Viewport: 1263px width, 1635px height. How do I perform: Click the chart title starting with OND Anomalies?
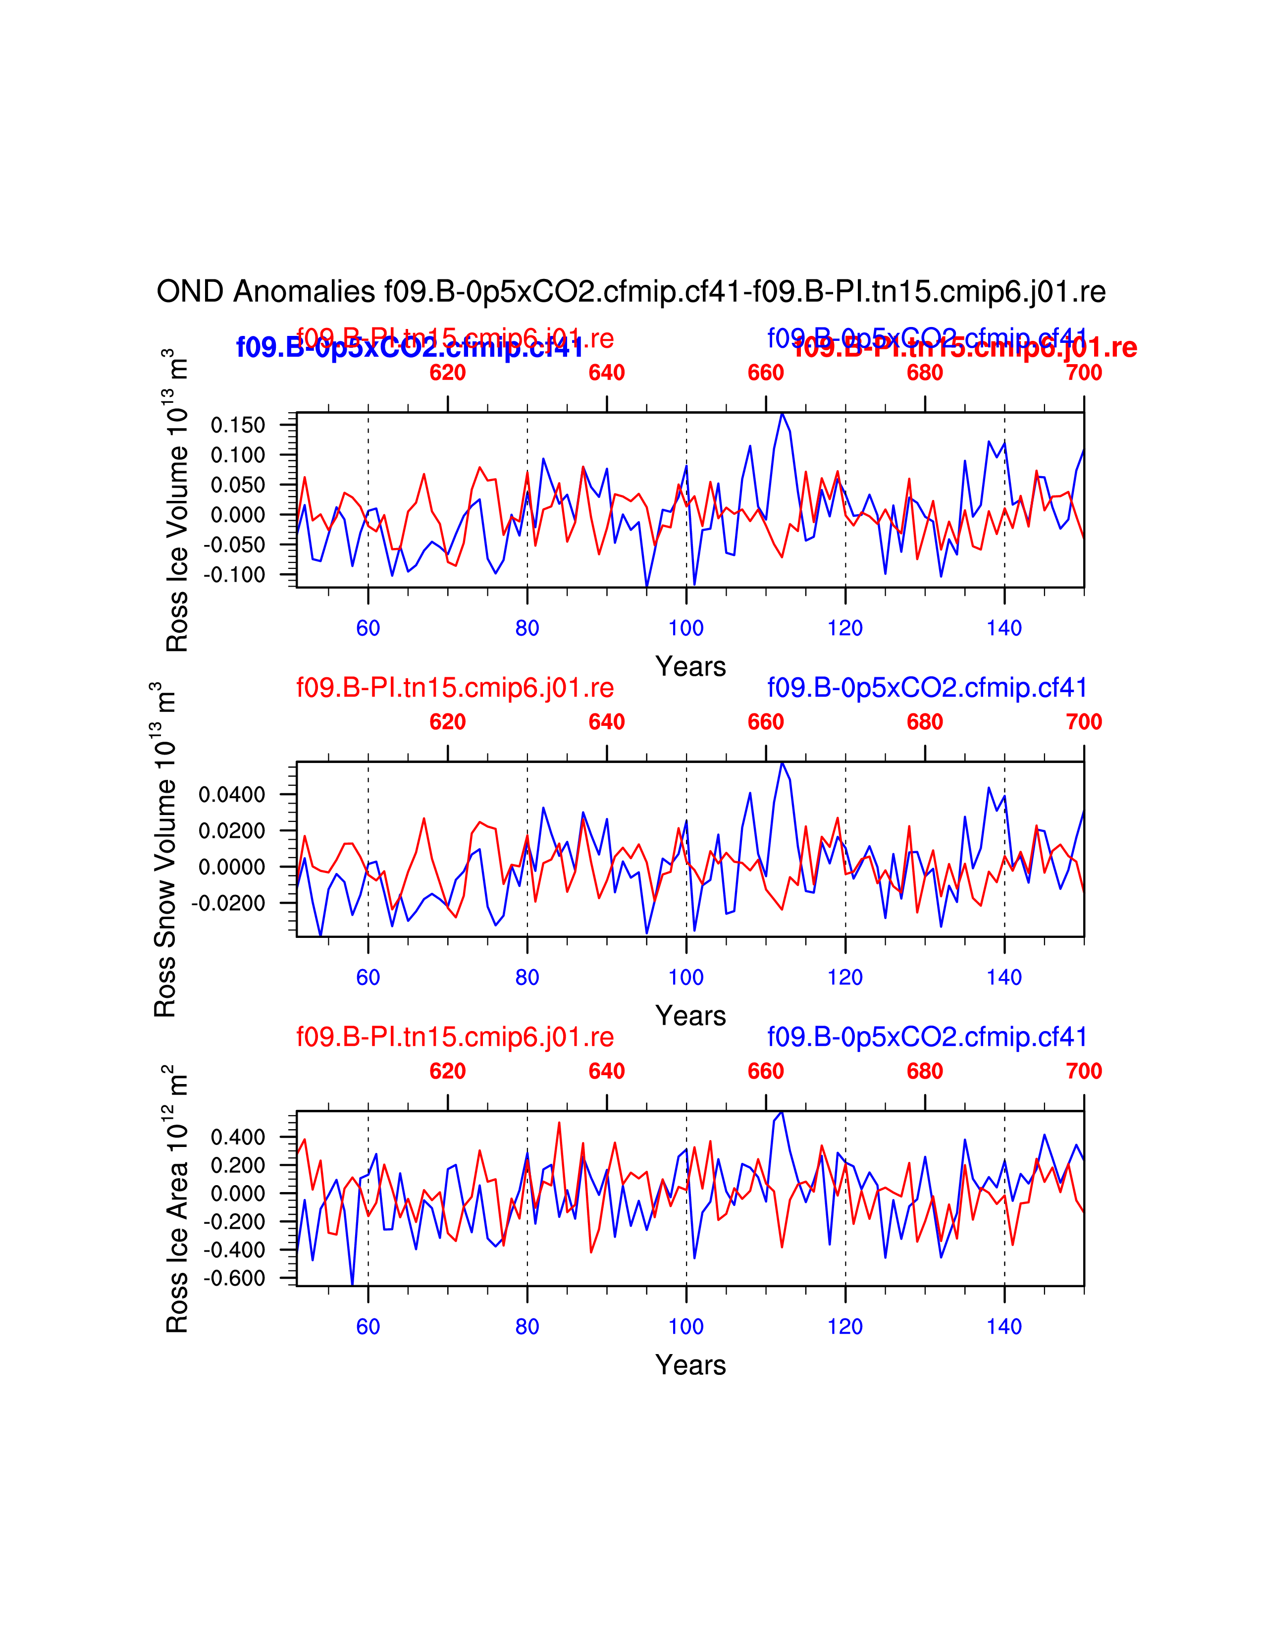click(x=631, y=292)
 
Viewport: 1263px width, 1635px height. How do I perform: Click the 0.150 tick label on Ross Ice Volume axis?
click(x=238, y=425)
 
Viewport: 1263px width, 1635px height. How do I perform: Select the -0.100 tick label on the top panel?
click(x=234, y=575)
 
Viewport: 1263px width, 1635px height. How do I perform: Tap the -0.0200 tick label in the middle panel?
click(x=228, y=904)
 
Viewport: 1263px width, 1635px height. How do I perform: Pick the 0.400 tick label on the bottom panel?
click(x=238, y=1137)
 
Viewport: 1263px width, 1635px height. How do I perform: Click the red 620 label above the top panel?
click(x=447, y=373)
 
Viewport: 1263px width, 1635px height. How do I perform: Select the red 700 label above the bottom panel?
click(x=1083, y=1071)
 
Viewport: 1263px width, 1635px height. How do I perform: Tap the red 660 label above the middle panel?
click(x=765, y=722)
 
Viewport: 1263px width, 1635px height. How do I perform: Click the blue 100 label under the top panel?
click(x=686, y=628)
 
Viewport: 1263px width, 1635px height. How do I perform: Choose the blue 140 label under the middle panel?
click(x=1004, y=978)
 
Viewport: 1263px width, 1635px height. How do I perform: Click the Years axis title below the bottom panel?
click(x=690, y=1365)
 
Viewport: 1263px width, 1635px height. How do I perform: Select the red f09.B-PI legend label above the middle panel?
click(x=455, y=688)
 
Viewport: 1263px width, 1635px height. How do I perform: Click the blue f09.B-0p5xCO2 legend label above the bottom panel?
click(x=926, y=1037)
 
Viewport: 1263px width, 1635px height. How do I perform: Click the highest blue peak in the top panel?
click(x=782, y=413)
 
